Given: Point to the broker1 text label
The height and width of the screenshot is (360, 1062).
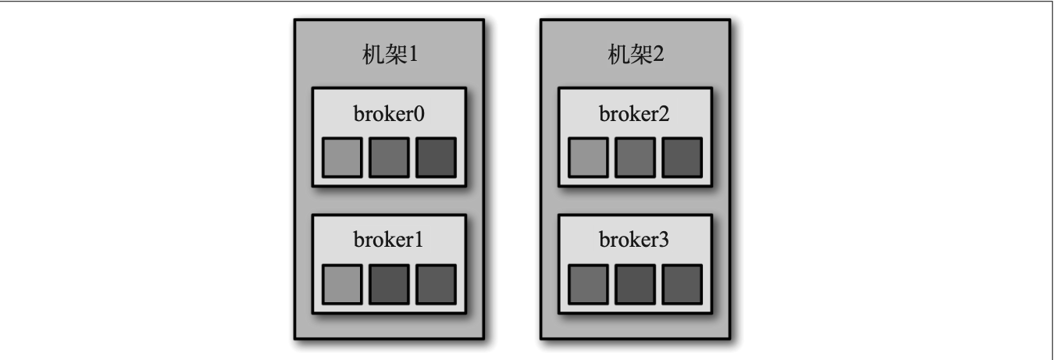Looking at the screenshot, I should coord(389,240).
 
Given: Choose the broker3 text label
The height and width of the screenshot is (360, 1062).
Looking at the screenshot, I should coord(635,240).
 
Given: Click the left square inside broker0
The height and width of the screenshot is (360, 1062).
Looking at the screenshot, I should coord(343,157).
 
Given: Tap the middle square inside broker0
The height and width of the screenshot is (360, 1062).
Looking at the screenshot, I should coord(389,157).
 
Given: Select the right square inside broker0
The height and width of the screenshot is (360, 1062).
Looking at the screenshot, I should coord(436,157).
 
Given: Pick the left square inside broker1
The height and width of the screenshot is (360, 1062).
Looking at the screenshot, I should coord(343,283).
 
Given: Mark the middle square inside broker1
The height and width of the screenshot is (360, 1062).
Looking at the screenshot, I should coord(389,283).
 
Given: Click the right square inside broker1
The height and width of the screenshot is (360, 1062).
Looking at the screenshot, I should coord(436,283).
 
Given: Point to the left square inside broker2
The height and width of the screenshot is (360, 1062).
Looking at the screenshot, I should coord(589,157).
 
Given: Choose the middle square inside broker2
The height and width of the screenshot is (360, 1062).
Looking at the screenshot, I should coord(635,157).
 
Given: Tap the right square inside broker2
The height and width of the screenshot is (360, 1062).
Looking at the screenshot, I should coord(682,157).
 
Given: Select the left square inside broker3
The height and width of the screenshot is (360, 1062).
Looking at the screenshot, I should coord(589,283).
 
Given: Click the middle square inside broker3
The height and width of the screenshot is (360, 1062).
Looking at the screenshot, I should coord(635,283).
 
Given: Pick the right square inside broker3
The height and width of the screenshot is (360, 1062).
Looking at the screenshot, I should coord(682,283).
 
